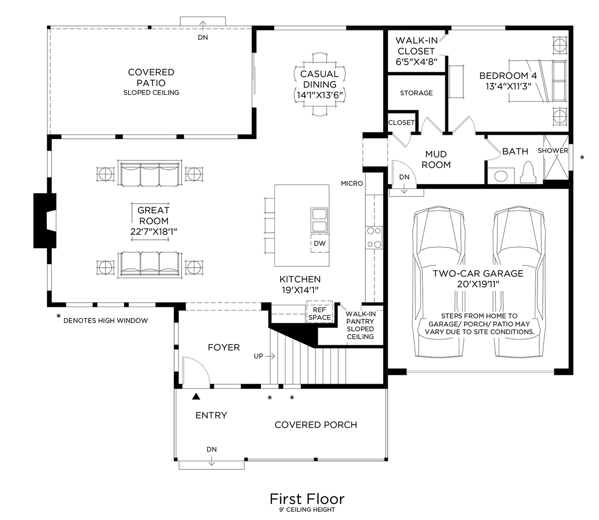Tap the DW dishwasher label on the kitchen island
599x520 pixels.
pyautogui.click(x=320, y=244)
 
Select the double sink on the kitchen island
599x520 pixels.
pyautogui.click(x=319, y=221)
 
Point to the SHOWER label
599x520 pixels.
pyautogui.click(x=553, y=151)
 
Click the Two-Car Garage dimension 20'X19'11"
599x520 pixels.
pyautogui.click(x=478, y=285)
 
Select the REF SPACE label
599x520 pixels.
pyautogui.click(x=320, y=314)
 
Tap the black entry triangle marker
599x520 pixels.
pyautogui.click(x=196, y=397)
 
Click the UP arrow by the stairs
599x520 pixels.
pyautogui.click(x=264, y=356)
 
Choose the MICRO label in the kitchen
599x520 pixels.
pyautogui.click(x=352, y=183)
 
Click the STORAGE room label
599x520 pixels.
pyautogui.click(x=416, y=93)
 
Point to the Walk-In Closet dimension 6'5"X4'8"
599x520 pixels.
pyautogui.click(x=416, y=62)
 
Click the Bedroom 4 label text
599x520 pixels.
pyautogui.click(x=508, y=76)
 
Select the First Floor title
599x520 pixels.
pyautogui.click(x=307, y=498)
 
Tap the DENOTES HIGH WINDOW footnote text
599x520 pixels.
pyautogui.click(x=105, y=321)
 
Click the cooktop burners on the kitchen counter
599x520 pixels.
pyautogui.click(x=374, y=237)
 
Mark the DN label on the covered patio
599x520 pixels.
pyautogui.click(x=203, y=38)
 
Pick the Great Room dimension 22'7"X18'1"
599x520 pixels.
pyautogui.click(x=154, y=232)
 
